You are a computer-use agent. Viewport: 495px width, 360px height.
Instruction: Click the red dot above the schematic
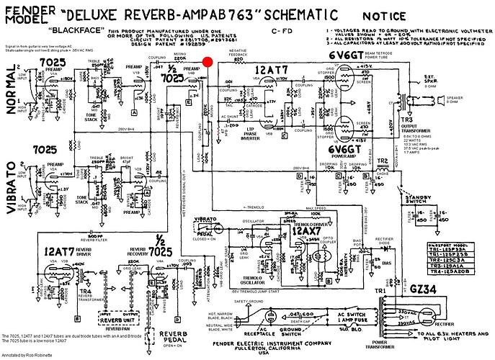tap(208, 63)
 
